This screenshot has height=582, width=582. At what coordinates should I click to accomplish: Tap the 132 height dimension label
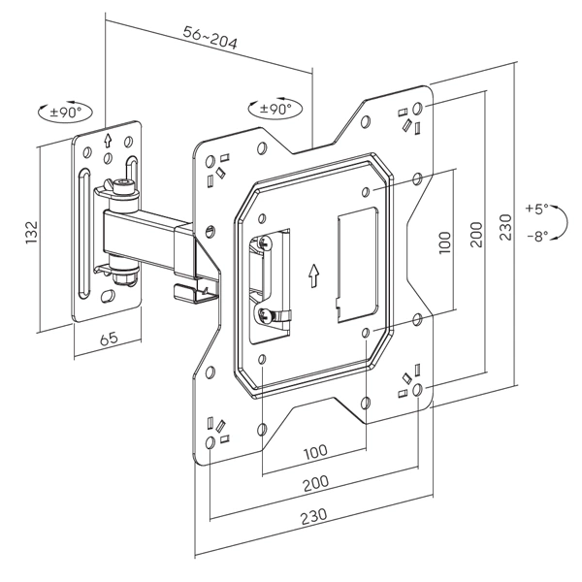(31, 231)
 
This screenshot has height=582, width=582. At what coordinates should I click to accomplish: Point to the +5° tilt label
(536, 208)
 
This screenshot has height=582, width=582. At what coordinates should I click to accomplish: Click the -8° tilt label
(536, 235)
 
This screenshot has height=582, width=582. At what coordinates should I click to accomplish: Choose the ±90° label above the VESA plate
(276, 109)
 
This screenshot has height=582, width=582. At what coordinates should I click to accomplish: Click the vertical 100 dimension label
(445, 242)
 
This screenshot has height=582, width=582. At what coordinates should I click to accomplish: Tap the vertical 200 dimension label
(476, 234)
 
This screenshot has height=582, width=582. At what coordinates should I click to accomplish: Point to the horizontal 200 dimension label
(313, 482)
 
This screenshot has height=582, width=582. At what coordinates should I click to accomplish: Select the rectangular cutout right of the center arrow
(355, 262)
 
